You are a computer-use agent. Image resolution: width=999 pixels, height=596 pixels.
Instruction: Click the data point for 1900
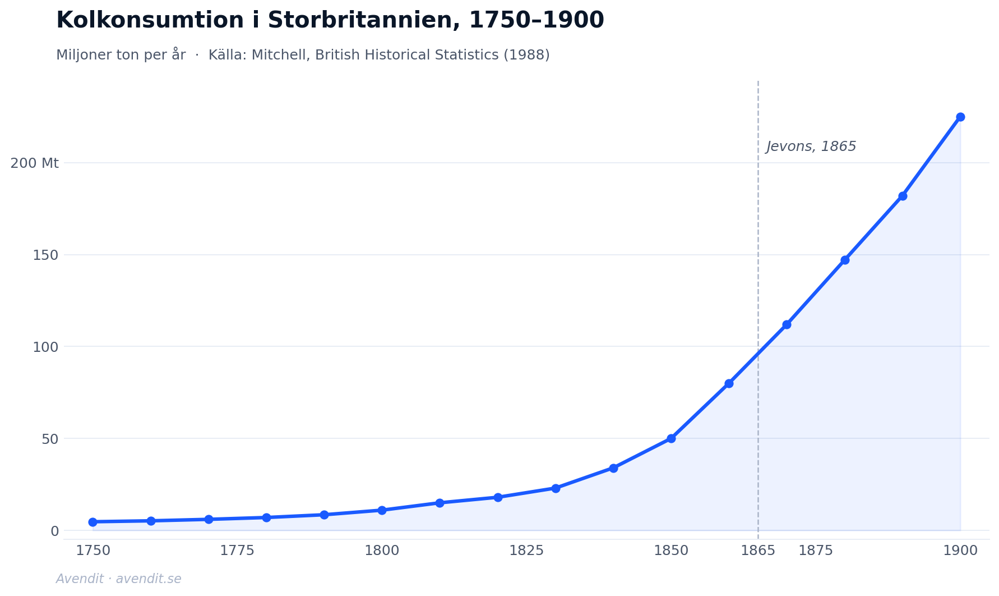(x=960, y=117)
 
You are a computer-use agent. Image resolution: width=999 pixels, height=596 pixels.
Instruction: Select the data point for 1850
(x=671, y=438)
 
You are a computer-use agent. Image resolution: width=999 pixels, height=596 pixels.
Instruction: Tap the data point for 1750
(x=92, y=522)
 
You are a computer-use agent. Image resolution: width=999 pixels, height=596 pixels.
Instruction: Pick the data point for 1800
(x=382, y=510)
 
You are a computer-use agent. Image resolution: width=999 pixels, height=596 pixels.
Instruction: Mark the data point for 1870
(x=787, y=324)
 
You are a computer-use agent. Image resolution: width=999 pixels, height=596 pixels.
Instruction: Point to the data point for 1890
(x=903, y=196)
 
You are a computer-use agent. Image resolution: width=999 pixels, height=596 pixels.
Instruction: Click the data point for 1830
(x=556, y=488)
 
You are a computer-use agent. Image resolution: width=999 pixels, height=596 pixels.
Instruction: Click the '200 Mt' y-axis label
(x=34, y=163)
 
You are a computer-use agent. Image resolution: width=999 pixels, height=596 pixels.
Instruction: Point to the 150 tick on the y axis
(x=45, y=255)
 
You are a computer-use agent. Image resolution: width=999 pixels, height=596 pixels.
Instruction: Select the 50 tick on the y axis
(x=50, y=439)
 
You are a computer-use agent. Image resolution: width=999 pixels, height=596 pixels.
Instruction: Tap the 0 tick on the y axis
(x=54, y=530)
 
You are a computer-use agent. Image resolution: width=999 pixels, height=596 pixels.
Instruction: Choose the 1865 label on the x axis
(x=758, y=551)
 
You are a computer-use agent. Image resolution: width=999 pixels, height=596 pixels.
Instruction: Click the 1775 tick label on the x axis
(x=237, y=551)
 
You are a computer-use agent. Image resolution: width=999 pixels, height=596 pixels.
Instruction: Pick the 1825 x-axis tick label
(x=526, y=551)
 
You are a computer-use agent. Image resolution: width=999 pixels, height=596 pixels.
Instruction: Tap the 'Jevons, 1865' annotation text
(x=811, y=146)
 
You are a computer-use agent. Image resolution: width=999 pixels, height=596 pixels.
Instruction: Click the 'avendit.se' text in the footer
(x=149, y=579)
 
